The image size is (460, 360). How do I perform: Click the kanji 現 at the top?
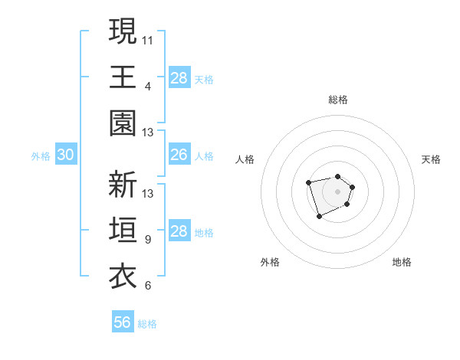tap(123, 31)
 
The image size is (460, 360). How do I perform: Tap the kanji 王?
tap(123, 77)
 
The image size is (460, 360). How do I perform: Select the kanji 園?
tap(123, 123)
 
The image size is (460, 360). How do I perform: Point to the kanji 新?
tap(123, 185)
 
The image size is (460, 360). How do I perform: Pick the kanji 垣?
tap(123, 231)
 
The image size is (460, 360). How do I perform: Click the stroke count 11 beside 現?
tap(148, 38)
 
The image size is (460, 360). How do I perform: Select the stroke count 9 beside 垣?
tap(148, 239)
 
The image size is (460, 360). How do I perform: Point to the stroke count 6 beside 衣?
tap(148, 286)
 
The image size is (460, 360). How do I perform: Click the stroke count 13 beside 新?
tap(148, 193)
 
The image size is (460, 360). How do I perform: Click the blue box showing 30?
tap(65, 155)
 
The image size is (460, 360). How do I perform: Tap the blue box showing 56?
tap(123, 322)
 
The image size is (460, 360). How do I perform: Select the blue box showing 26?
tap(179, 155)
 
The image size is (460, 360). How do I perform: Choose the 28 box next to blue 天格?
tap(179, 77)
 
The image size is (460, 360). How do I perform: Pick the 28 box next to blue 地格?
tap(179, 231)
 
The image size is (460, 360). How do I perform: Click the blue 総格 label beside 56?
tap(147, 324)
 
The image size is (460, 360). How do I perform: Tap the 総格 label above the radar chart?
tap(337, 100)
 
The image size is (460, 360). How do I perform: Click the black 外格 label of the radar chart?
tap(270, 262)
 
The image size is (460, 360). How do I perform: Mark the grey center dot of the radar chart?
tap(337, 191)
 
